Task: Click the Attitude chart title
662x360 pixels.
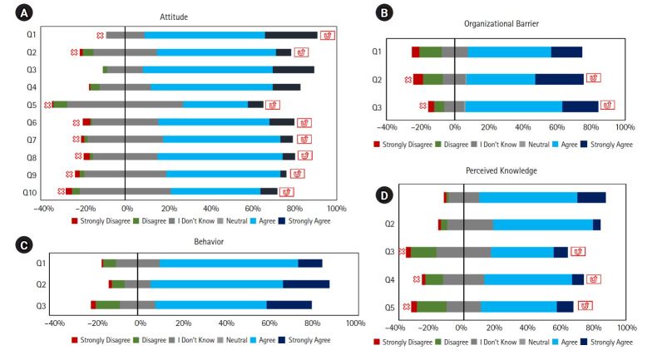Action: [x=174, y=17]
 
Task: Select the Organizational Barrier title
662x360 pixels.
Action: [x=501, y=23]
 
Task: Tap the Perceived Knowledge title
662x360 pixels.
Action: [x=501, y=170]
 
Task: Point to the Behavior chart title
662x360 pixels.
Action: [x=209, y=241]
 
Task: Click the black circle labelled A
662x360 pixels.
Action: [x=24, y=13]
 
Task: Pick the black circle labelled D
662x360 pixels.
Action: [x=384, y=195]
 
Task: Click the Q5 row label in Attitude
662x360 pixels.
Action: [x=32, y=105]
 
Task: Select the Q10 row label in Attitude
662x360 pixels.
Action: [x=30, y=192]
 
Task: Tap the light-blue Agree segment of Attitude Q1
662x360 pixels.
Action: [x=205, y=35]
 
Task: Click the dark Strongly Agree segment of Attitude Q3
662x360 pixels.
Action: [x=294, y=70]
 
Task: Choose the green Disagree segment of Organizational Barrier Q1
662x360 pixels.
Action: [x=431, y=52]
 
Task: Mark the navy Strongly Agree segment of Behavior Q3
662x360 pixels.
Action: [x=289, y=305]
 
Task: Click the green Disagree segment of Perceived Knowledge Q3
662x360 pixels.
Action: [x=423, y=252]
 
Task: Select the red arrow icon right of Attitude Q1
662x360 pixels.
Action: [x=327, y=36]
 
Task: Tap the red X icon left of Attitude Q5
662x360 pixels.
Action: [x=47, y=105]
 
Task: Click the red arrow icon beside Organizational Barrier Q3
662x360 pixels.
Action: [x=607, y=105]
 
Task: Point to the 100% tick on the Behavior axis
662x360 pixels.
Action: [x=355, y=323]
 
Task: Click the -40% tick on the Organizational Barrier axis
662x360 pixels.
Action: [x=387, y=127]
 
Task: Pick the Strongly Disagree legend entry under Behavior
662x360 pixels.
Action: [x=101, y=340]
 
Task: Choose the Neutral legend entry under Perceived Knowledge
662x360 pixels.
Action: [x=535, y=343]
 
